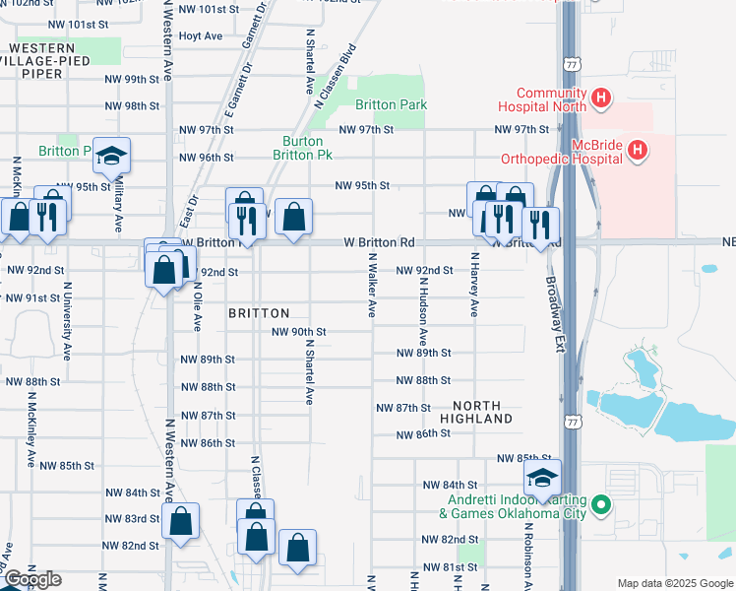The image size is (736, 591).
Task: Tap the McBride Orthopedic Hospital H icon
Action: pyautogui.click(x=638, y=150)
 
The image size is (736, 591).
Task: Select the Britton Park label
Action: pyautogui.click(x=391, y=104)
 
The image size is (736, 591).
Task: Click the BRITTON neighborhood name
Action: pyautogui.click(x=258, y=312)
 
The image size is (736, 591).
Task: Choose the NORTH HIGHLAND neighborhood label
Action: pyautogui.click(x=483, y=412)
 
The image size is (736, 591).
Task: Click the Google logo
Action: pyautogui.click(x=31, y=579)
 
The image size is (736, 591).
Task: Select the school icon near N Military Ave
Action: pyautogui.click(x=112, y=156)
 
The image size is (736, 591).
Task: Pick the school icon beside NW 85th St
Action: pyautogui.click(x=542, y=478)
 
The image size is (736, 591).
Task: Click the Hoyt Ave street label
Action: pyautogui.click(x=201, y=36)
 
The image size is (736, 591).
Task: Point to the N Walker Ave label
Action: pyautogui.click(x=373, y=285)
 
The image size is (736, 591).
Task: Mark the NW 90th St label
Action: pyautogui.click(x=298, y=332)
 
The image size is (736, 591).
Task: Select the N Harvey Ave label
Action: pyautogui.click(x=473, y=285)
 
